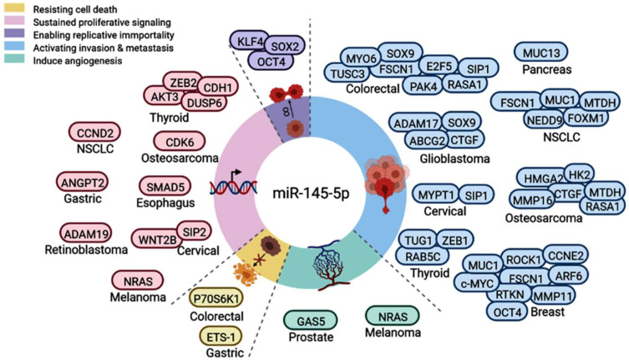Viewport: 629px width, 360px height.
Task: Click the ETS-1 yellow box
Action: [x=223, y=338]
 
